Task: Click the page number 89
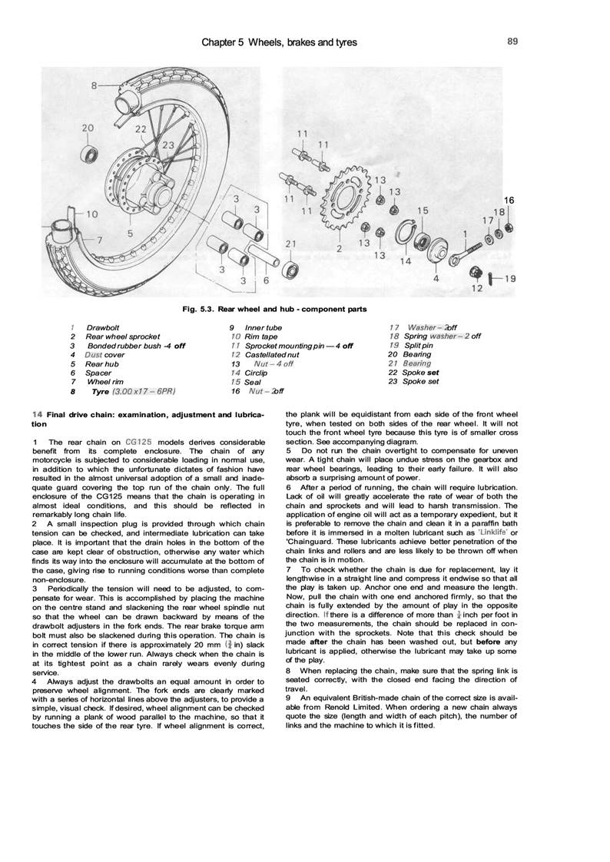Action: pyautogui.click(x=513, y=41)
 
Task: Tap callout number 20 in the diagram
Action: pyautogui.click(x=88, y=128)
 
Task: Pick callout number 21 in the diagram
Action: pyautogui.click(x=290, y=244)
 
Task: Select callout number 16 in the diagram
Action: pyautogui.click(x=509, y=200)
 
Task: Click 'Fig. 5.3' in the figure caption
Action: pyautogui.click(x=198, y=309)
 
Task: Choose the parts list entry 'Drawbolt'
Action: pyautogui.click(x=102, y=327)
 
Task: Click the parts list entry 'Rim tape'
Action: pyautogui.click(x=261, y=337)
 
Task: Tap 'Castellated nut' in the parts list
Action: pyautogui.click(x=272, y=354)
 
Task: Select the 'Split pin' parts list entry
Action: pyautogui.click(x=420, y=345)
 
